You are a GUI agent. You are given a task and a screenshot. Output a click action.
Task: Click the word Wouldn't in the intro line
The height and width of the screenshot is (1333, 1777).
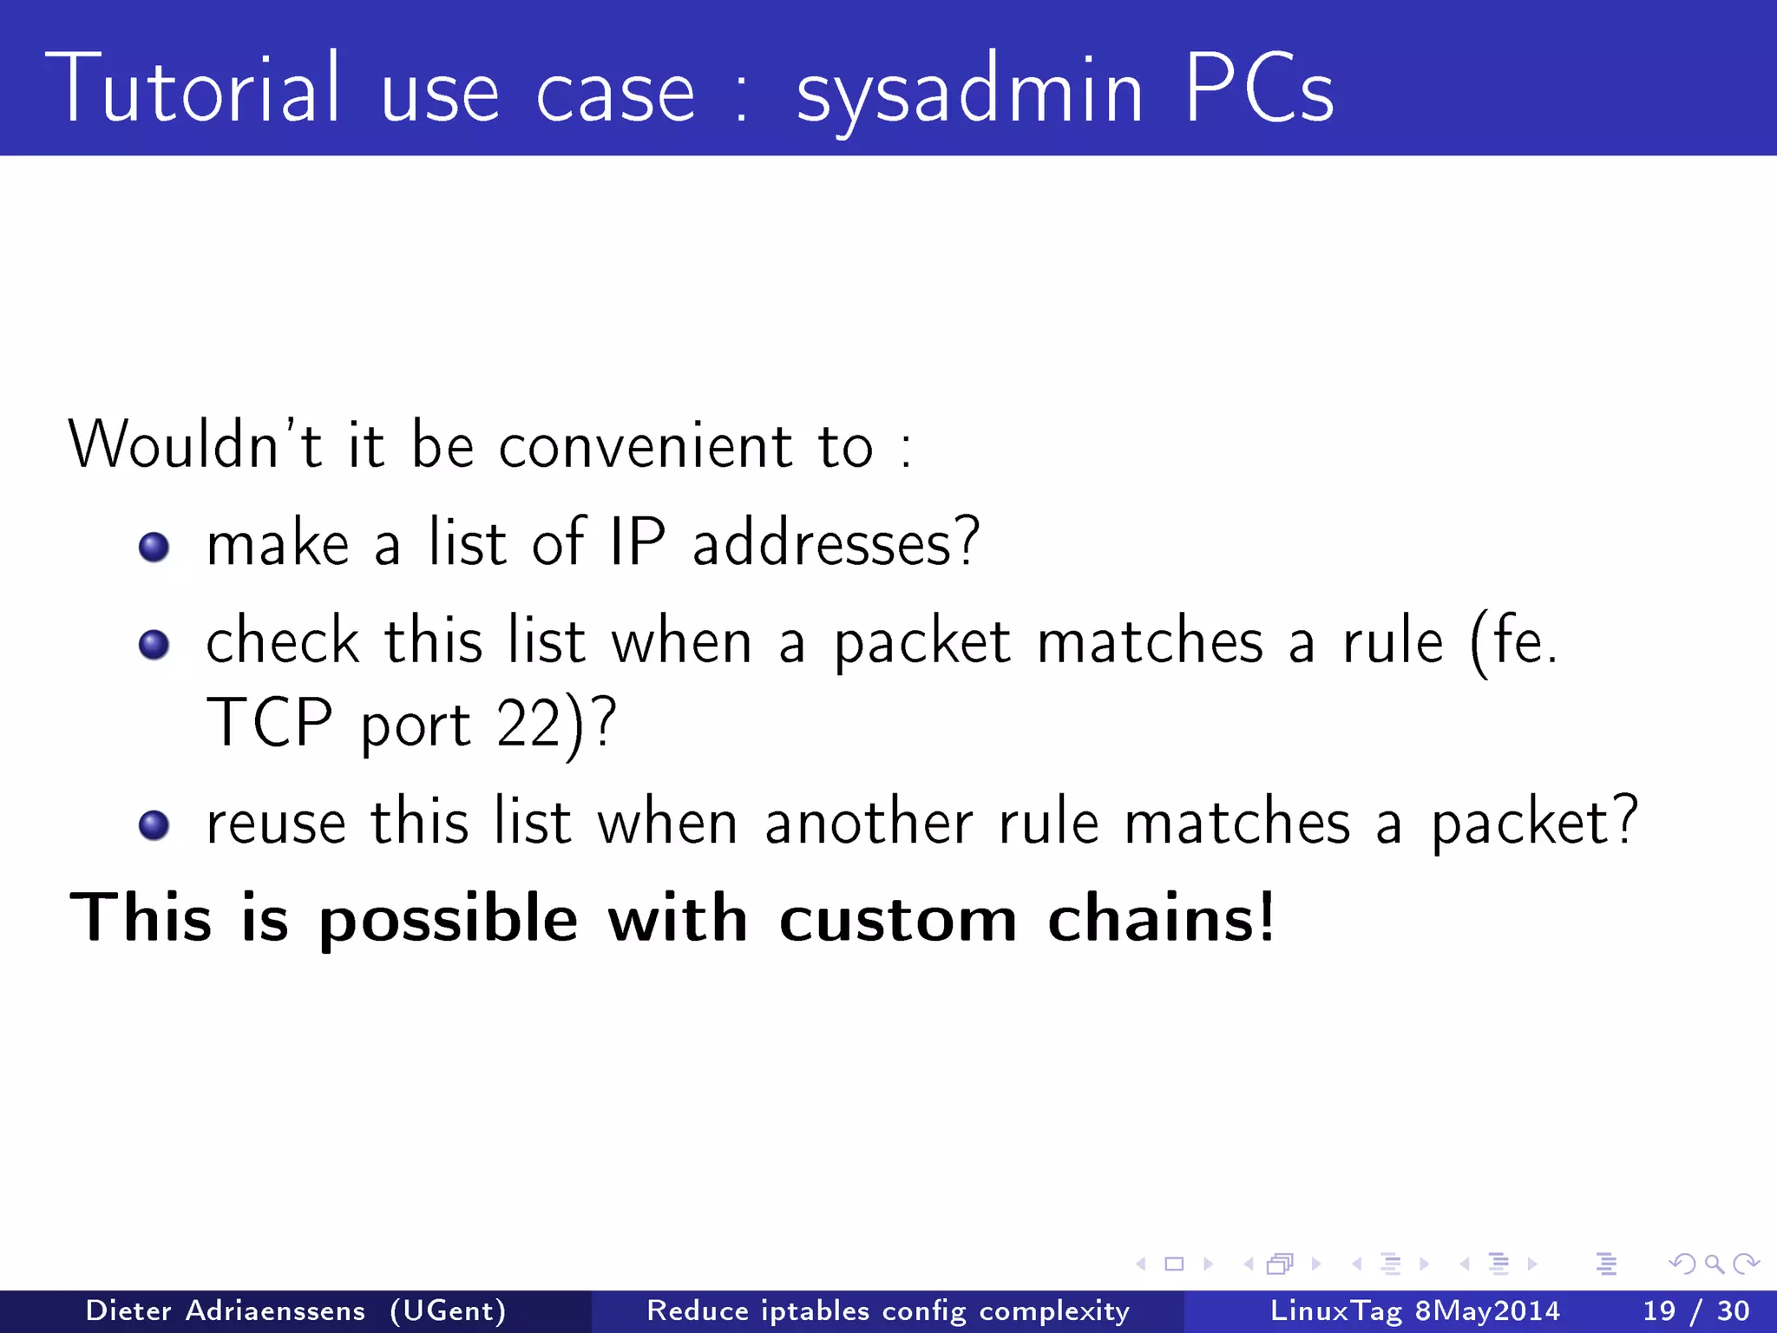(194, 444)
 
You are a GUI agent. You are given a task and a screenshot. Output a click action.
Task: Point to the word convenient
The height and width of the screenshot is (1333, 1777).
(646, 446)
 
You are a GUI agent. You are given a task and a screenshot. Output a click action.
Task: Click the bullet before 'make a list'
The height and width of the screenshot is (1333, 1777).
(154, 547)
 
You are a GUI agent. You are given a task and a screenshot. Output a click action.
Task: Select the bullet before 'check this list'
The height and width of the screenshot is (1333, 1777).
(154, 645)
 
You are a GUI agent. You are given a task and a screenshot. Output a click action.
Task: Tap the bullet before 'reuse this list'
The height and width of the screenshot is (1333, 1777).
(154, 825)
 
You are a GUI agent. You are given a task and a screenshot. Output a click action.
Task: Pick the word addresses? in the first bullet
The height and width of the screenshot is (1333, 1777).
(836, 542)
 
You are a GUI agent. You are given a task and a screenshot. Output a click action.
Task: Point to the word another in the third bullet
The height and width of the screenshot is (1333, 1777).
(869, 822)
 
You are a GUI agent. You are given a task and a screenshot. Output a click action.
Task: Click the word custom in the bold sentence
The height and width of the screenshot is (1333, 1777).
(898, 918)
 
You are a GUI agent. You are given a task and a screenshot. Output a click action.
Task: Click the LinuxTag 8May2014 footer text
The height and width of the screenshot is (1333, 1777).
(1414, 1310)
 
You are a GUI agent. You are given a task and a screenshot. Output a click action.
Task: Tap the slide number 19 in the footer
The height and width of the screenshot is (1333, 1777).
(1659, 1310)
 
